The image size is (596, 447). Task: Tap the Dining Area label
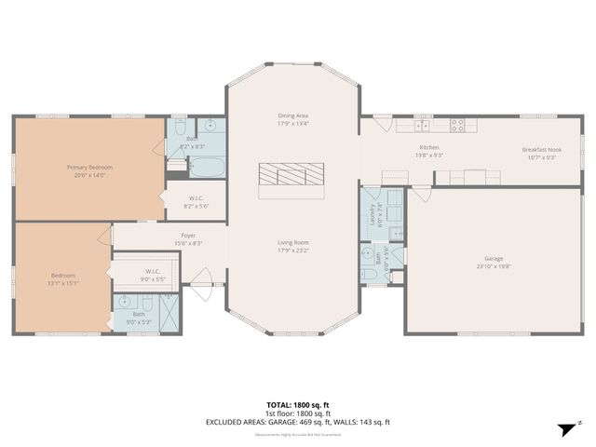click(x=293, y=115)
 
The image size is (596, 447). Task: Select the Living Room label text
click(x=292, y=243)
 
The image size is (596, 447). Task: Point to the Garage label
click(x=493, y=258)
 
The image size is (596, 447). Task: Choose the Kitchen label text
click(x=429, y=148)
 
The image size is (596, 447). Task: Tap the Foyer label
click(x=188, y=236)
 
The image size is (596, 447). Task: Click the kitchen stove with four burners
click(x=458, y=124)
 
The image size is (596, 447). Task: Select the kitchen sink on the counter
click(x=422, y=124)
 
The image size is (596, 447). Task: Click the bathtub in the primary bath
click(x=206, y=167)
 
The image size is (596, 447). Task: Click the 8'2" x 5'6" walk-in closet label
click(x=196, y=200)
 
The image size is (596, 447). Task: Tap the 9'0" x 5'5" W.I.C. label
click(x=153, y=275)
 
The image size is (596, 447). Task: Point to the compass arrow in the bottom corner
click(x=566, y=429)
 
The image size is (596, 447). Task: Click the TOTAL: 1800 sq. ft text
click(x=298, y=405)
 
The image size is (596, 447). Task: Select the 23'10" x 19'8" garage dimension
click(x=493, y=266)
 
